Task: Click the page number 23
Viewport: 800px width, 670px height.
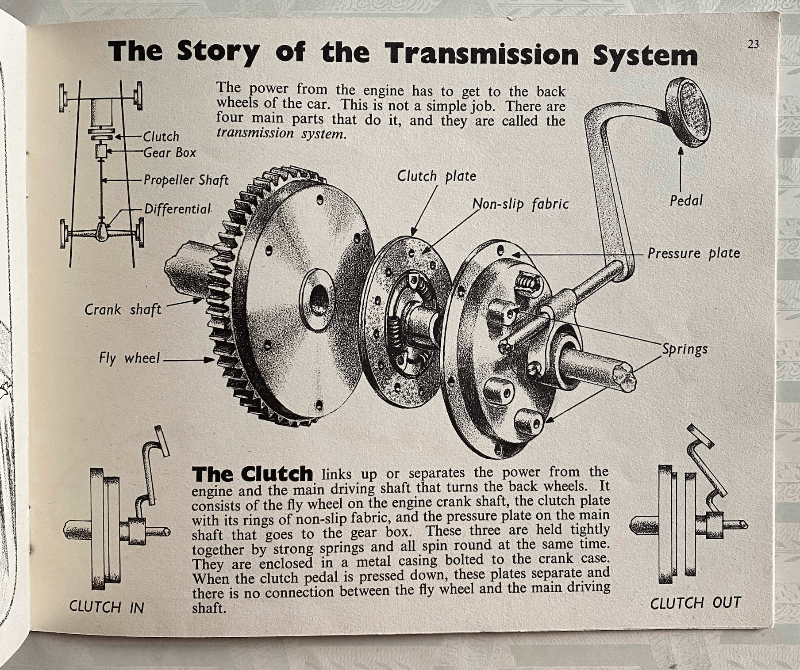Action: [x=753, y=45]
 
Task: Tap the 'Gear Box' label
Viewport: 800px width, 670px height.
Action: [x=169, y=153]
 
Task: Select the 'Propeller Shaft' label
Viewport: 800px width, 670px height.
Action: [x=186, y=180]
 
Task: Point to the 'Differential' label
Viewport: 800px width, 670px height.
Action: [x=178, y=209]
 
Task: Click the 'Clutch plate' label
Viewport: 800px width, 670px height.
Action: [x=436, y=176]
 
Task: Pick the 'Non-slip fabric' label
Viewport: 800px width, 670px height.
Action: [x=520, y=204]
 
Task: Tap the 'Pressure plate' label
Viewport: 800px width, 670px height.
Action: [x=694, y=253]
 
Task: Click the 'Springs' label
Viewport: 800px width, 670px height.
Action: [x=685, y=349]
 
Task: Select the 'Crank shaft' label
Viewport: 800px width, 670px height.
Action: [x=123, y=309]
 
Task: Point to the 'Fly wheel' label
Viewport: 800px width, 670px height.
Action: [x=129, y=358]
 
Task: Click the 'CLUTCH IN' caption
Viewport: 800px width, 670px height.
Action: [x=107, y=607]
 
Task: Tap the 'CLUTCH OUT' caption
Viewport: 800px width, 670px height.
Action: [x=695, y=603]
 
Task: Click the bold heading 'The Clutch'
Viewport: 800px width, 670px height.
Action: [x=253, y=474]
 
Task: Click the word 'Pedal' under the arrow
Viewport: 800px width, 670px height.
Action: [x=686, y=201]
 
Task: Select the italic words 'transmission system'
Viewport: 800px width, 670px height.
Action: [x=280, y=133]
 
